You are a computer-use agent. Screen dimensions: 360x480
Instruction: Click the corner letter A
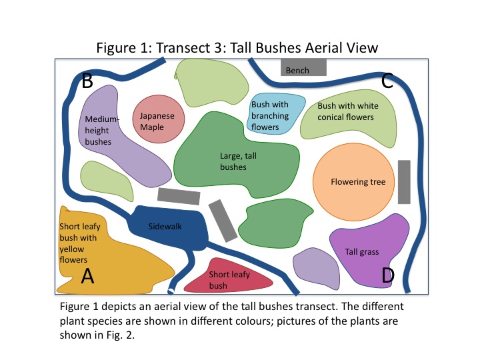coord(87,275)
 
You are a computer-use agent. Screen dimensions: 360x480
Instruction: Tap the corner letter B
coord(87,83)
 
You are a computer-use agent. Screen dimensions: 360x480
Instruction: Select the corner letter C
coord(387,81)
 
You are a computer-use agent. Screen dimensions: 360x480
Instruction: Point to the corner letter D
coord(387,275)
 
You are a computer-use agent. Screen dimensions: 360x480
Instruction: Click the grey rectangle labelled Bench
coord(303,68)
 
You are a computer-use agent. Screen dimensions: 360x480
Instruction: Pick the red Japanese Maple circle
coord(157,121)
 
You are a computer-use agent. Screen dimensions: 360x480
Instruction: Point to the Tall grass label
coord(362,252)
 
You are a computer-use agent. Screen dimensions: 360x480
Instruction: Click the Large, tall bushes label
coord(233,161)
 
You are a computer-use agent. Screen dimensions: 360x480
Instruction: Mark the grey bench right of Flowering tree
coord(404,182)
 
